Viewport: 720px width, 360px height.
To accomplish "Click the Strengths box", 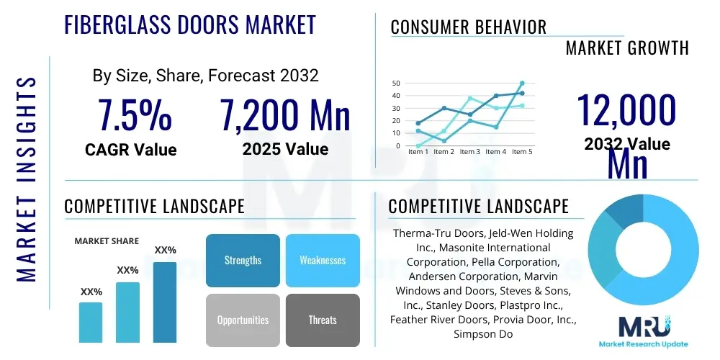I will [x=243, y=260].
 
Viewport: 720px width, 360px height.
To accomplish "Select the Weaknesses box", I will [x=322, y=260].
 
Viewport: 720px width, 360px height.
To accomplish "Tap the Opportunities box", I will [x=243, y=320].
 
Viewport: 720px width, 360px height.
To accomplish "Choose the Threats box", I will [x=322, y=320].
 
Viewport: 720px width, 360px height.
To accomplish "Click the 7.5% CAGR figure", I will [x=135, y=115].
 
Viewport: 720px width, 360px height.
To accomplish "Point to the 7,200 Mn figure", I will [x=285, y=115].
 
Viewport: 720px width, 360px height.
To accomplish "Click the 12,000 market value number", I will [x=626, y=112].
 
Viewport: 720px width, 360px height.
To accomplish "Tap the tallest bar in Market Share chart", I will [x=165, y=302].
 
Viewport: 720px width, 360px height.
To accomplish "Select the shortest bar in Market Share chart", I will [x=91, y=322].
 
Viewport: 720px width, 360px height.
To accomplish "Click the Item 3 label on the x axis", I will [x=470, y=152].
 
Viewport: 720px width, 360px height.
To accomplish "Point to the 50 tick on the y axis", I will [x=395, y=84].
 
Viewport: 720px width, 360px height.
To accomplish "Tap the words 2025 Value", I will [x=285, y=149].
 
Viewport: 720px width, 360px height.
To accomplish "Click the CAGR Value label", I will [x=130, y=150].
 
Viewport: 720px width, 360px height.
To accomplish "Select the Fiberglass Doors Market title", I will [x=190, y=25].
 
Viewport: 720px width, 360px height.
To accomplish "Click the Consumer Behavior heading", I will [x=468, y=27].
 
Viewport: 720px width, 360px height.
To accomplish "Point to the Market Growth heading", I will [x=627, y=48].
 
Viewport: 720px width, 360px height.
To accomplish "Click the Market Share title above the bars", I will [x=107, y=241].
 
